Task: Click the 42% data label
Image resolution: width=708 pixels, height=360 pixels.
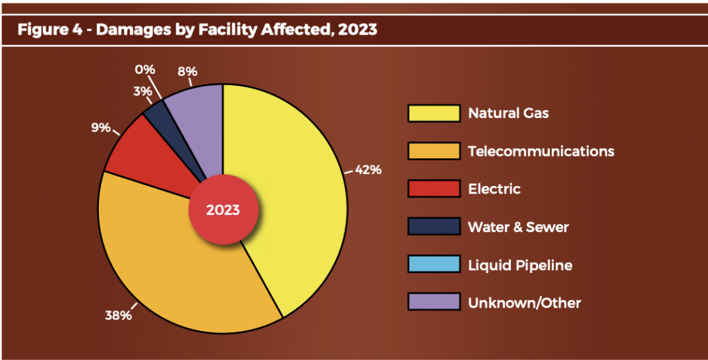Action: tap(368, 169)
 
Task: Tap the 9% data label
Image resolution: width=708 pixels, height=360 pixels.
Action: tap(100, 127)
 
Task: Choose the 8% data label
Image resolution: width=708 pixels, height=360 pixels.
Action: tap(187, 71)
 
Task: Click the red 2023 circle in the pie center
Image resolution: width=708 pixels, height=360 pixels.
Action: tap(223, 209)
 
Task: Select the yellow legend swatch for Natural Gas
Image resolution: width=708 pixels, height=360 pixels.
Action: tap(434, 113)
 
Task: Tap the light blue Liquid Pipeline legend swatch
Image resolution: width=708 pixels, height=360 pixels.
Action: tap(434, 265)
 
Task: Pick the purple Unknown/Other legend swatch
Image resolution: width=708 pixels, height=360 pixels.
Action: tap(434, 302)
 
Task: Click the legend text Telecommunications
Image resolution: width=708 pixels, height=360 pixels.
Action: tap(541, 151)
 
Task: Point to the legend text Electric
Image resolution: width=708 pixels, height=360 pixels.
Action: tap(494, 189)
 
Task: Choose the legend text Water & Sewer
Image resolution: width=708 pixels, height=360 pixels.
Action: tap(518, 227)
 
